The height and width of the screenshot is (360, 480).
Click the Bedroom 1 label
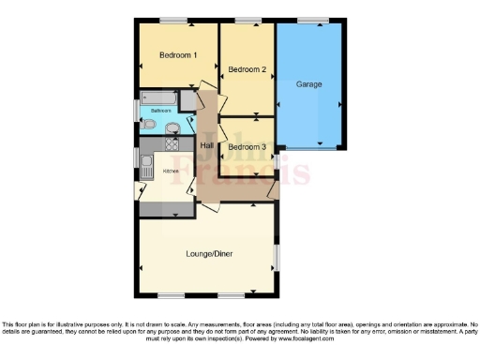tap(178, 55)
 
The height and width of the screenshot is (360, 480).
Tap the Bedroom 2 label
tap(247, 69)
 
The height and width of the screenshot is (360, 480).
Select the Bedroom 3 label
tap(247, 147)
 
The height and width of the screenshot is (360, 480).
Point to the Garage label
tap(309, 84)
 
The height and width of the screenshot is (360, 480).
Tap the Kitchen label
tap(171, 172)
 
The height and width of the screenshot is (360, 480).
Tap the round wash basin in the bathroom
tap(172, 127)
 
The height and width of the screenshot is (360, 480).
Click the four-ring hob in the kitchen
tap(173, 144)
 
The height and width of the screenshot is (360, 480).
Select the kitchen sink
tap(147, 166)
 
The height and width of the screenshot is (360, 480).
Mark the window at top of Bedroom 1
tap(172, 20)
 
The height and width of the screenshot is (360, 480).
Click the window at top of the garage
tap(314, 20)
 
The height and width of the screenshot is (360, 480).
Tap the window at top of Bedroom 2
tap(247, 20)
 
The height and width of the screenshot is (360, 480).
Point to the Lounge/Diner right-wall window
tap(277, 255)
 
